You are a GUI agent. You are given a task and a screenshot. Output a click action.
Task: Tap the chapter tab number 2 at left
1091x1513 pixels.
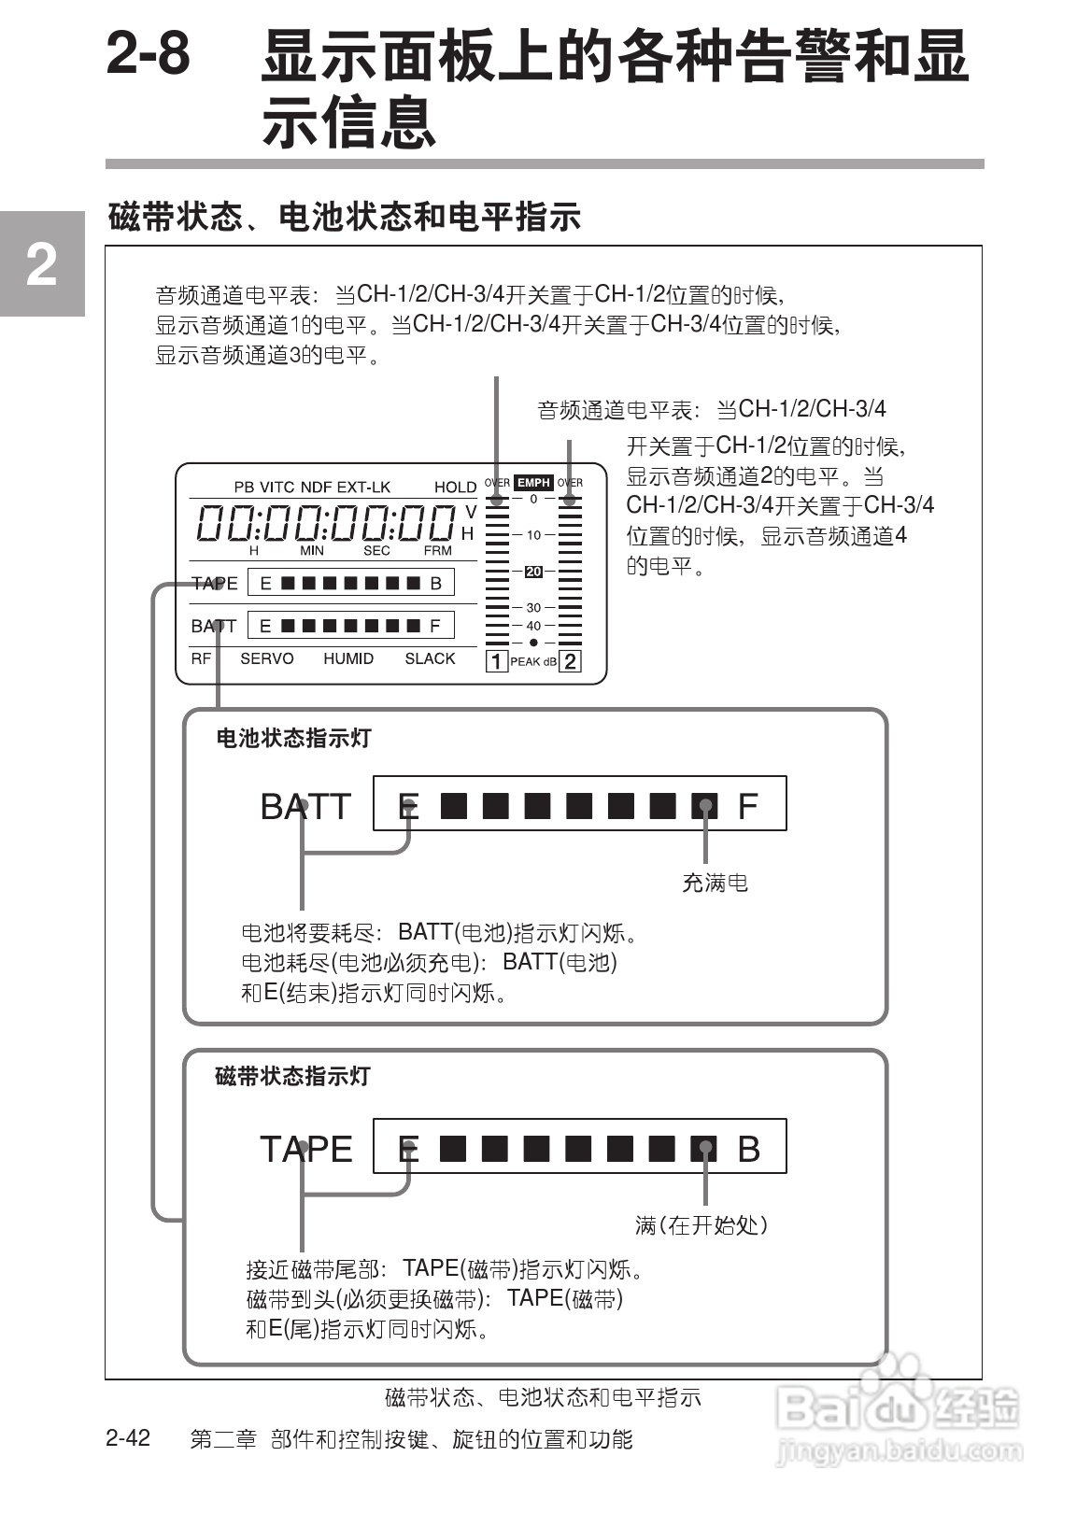(x=40, y=266)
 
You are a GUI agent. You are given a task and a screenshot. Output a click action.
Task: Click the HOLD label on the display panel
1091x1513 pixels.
(x=455, y=487)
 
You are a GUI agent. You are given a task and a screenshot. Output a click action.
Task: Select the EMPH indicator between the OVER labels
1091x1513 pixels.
(x=533, y=483)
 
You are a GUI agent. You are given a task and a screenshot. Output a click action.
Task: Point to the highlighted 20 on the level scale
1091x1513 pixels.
(x=533, y=572)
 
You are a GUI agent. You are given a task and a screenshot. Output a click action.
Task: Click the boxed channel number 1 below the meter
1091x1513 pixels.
(x=496, y=661)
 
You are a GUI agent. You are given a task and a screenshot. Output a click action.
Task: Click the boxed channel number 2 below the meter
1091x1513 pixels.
(x=570, y=661)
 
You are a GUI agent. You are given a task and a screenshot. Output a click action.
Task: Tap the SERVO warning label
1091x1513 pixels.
(x=266, y=658)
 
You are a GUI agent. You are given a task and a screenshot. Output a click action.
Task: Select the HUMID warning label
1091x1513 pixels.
(x=348, y=658)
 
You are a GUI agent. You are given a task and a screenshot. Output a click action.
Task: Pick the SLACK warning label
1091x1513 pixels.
(x=430, y=658)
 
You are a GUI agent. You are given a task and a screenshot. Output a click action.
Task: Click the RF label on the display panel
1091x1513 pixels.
(x=201, y=658)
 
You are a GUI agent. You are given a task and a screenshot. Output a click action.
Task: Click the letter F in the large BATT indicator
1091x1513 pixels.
(x=747, y=806)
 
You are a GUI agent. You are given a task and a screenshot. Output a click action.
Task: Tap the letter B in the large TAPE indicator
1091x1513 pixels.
(x=748, y=1149)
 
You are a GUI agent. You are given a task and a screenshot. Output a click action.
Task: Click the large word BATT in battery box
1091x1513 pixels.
(x=305, y=806)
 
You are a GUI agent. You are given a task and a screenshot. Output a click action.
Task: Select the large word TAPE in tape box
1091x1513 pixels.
(x=305, y=1149)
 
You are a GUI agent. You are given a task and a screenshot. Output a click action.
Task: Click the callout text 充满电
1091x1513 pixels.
(x=715, y=883)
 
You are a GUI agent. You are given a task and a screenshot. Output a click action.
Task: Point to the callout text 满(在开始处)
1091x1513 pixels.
(x=701, y=1224)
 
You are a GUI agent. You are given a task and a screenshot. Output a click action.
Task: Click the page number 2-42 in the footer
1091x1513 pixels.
(x=128, y=1437)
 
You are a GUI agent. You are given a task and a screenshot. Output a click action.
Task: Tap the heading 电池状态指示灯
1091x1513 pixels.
(x=293, y=738)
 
